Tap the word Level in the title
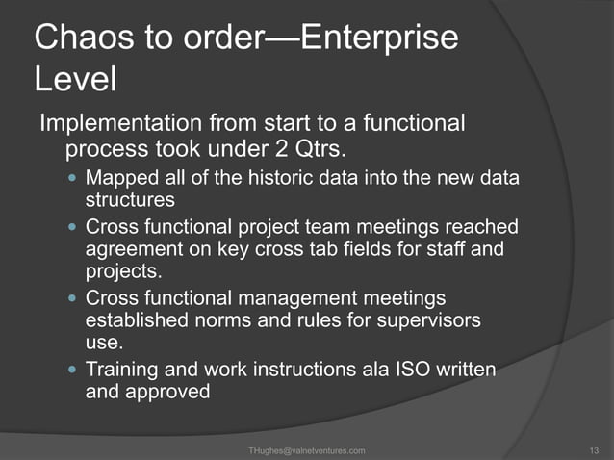pyautogui.click(x=76, y=80)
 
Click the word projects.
pyautogui.click(x=122, y=269)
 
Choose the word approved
pyautogui.click(x=167, y=392)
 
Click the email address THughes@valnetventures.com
pyautogui.click(x=306, y=450)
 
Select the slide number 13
pyautogui.click(x=593, y=450)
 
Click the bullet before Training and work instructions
pyautogui.click(x=72, y=370)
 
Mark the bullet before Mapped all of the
pyautogui.click(x=72, y=178)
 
